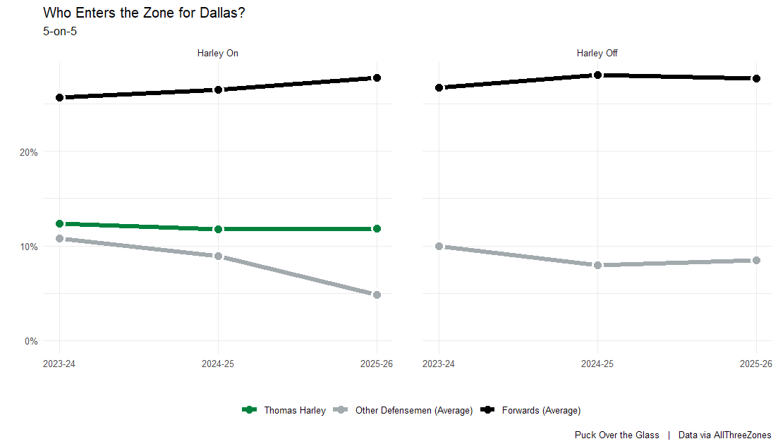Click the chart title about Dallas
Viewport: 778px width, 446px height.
pos(145,13)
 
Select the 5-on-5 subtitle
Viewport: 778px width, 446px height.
pos(60,31)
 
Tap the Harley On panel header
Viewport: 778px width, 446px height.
pos(218,53)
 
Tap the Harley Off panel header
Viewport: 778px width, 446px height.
pos(597,53)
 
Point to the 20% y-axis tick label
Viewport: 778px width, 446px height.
pos(28,151)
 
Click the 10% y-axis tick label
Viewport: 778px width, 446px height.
pos(28,247)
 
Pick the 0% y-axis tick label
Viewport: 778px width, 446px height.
pos(30,341)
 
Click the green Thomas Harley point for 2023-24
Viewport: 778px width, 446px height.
pos(59,223)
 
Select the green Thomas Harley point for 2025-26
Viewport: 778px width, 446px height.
pos(377,228)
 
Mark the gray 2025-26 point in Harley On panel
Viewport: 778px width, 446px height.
pos(377,295)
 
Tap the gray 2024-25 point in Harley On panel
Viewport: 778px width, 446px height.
pos(218,256)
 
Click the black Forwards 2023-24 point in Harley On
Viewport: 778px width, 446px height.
pos(59,97)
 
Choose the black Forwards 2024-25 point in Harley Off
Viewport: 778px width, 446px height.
pos(597,75)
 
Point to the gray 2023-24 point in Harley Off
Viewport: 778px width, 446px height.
pos(439,246)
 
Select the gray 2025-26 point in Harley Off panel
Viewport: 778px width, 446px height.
pos(756,260)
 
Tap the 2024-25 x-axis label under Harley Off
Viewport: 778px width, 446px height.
pos(597,364)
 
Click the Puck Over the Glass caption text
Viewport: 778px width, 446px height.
pos(616,435)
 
